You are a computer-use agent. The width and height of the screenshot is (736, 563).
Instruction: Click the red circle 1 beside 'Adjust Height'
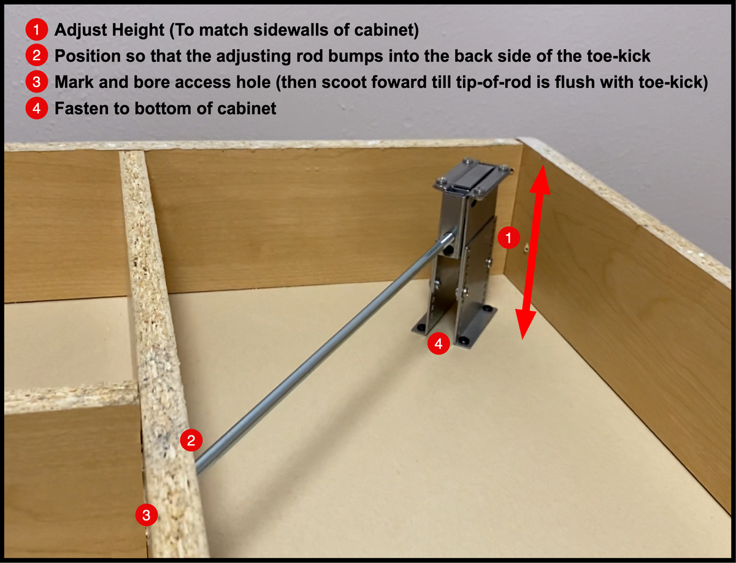(36, 29)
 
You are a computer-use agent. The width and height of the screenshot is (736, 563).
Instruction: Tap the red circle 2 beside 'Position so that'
(36, 56)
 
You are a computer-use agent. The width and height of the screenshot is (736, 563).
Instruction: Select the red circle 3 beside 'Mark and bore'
(36, 82)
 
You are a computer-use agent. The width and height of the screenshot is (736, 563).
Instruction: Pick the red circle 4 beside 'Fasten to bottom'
(36, 109)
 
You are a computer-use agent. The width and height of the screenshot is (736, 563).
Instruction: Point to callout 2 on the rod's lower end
(191, 440)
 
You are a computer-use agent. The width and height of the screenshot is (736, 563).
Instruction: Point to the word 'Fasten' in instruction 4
(77, 109)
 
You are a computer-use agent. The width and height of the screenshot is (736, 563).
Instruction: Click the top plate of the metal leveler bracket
(473, 177)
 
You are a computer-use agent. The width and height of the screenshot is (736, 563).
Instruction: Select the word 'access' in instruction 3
(204, 82)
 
